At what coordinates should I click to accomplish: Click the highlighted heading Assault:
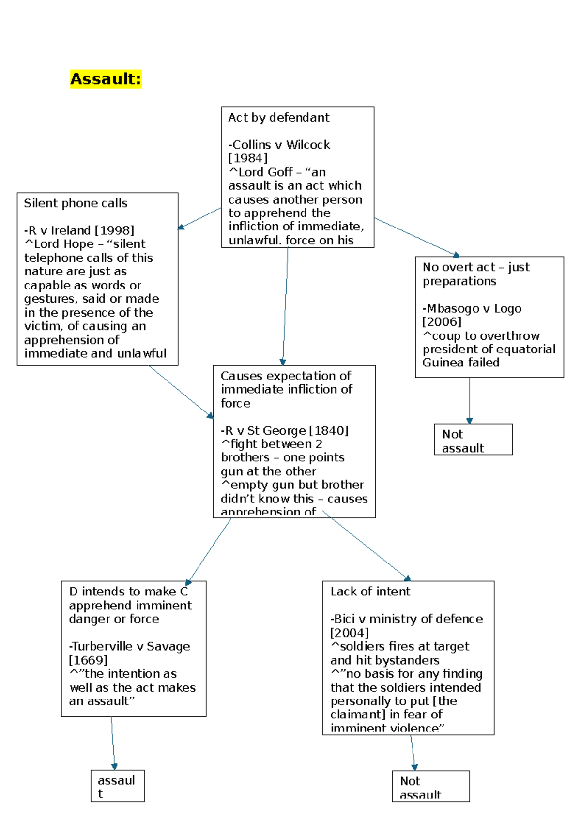pyautogui.click(x=106, y=78)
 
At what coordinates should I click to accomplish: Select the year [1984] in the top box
pyautogui.click(x=247, y=158)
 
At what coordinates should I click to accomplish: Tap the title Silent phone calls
pyautogui.click(x=76, y=203)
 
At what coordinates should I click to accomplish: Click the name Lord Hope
pyautogui.click(x=64, y=244)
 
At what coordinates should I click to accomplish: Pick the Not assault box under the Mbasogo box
pyautogui.click(x=473, y=440)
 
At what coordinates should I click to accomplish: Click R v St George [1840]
pyautogui.click(x=285, y=430)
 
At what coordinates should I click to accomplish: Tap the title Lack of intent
pyautogui.click(x=370, y=592)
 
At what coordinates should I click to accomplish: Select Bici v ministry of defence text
pyautogui.click(x=407, y=619)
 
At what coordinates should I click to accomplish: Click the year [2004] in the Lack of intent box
pyautogui.click(x=349, y=633)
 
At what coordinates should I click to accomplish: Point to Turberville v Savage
pyautogui.click(x=130, y=646)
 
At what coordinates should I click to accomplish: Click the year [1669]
pyautogui.click(x=88, y=660)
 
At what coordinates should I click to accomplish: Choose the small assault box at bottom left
pyautogui.click(x=117, y=786)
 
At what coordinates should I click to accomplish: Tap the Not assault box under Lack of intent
pyautogui.click(x=430, y=786)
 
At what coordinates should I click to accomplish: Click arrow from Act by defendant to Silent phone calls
pyautogui.click(x=199, y=218)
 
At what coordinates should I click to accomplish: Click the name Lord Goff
pyautogui.click(x=265, y=172)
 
